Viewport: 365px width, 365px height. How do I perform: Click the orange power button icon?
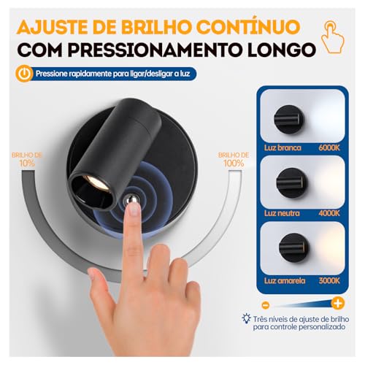(x=26, y=74)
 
